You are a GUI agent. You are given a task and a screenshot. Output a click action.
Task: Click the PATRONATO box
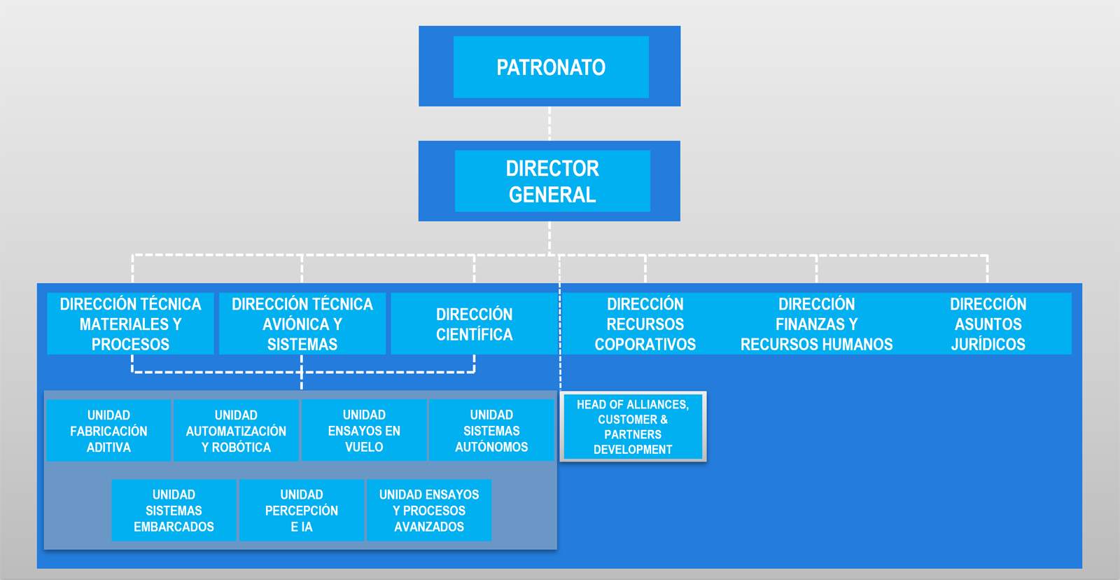tap(549, 66)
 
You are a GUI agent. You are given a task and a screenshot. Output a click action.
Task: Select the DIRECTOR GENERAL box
tap(549, 181)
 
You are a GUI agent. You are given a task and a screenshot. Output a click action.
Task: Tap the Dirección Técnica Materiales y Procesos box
tap(130, 324)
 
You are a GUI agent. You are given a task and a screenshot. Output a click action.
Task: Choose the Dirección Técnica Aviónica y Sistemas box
tap(302, 324)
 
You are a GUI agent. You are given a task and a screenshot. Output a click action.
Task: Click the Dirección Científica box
tap(474, 324)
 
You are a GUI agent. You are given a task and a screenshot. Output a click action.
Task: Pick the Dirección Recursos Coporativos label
tap(645, 324)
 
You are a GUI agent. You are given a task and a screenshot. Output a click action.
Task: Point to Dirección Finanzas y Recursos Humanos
tap(816, 324)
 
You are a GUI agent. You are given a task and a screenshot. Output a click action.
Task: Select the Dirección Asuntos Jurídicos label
tap(988, 324)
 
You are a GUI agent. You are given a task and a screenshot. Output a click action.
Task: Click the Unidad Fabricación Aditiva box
tap(108, 430)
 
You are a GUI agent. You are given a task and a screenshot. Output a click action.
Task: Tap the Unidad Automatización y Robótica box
tap(236, 430)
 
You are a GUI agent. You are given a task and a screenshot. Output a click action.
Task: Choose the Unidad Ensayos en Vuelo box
tap(364, 430)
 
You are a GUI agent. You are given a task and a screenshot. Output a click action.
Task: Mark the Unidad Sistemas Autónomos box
tap(491, 430)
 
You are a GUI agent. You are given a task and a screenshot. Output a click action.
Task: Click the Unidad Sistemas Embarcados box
tap(174, 511)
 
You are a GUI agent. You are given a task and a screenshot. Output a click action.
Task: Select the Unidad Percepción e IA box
tap(302, 511)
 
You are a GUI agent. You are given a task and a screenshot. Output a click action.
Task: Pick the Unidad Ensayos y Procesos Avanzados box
tap(429, 511)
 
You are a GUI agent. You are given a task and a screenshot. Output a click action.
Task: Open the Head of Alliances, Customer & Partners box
tap(633, 427)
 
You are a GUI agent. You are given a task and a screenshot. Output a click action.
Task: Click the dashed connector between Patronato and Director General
tap(549, 123)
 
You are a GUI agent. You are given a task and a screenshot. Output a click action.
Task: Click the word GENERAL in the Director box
tap(552, 195)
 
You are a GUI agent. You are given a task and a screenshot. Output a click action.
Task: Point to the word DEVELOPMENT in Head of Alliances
tap(633, 450)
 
